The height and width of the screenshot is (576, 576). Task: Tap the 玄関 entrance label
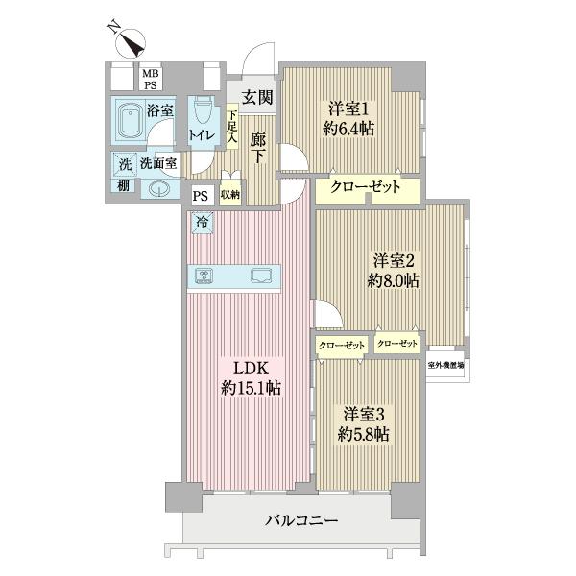point(256,96)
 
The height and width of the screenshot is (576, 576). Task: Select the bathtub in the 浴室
point(129,123)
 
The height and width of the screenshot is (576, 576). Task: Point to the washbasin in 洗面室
point(156,188)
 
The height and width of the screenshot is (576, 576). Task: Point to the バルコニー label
point(301,521)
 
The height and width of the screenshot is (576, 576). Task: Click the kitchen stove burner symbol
point(204,276)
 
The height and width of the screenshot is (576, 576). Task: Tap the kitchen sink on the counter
point(260,276)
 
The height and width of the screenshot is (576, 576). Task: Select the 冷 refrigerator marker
point(203,222)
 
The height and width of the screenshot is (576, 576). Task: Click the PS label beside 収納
point(200,195)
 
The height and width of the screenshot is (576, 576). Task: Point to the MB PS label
point(151,79)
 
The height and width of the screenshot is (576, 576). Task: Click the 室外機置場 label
point(446,365)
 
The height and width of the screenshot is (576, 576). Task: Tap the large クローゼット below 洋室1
point(365,188)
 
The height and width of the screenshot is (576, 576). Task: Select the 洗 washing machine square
point(123,163)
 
